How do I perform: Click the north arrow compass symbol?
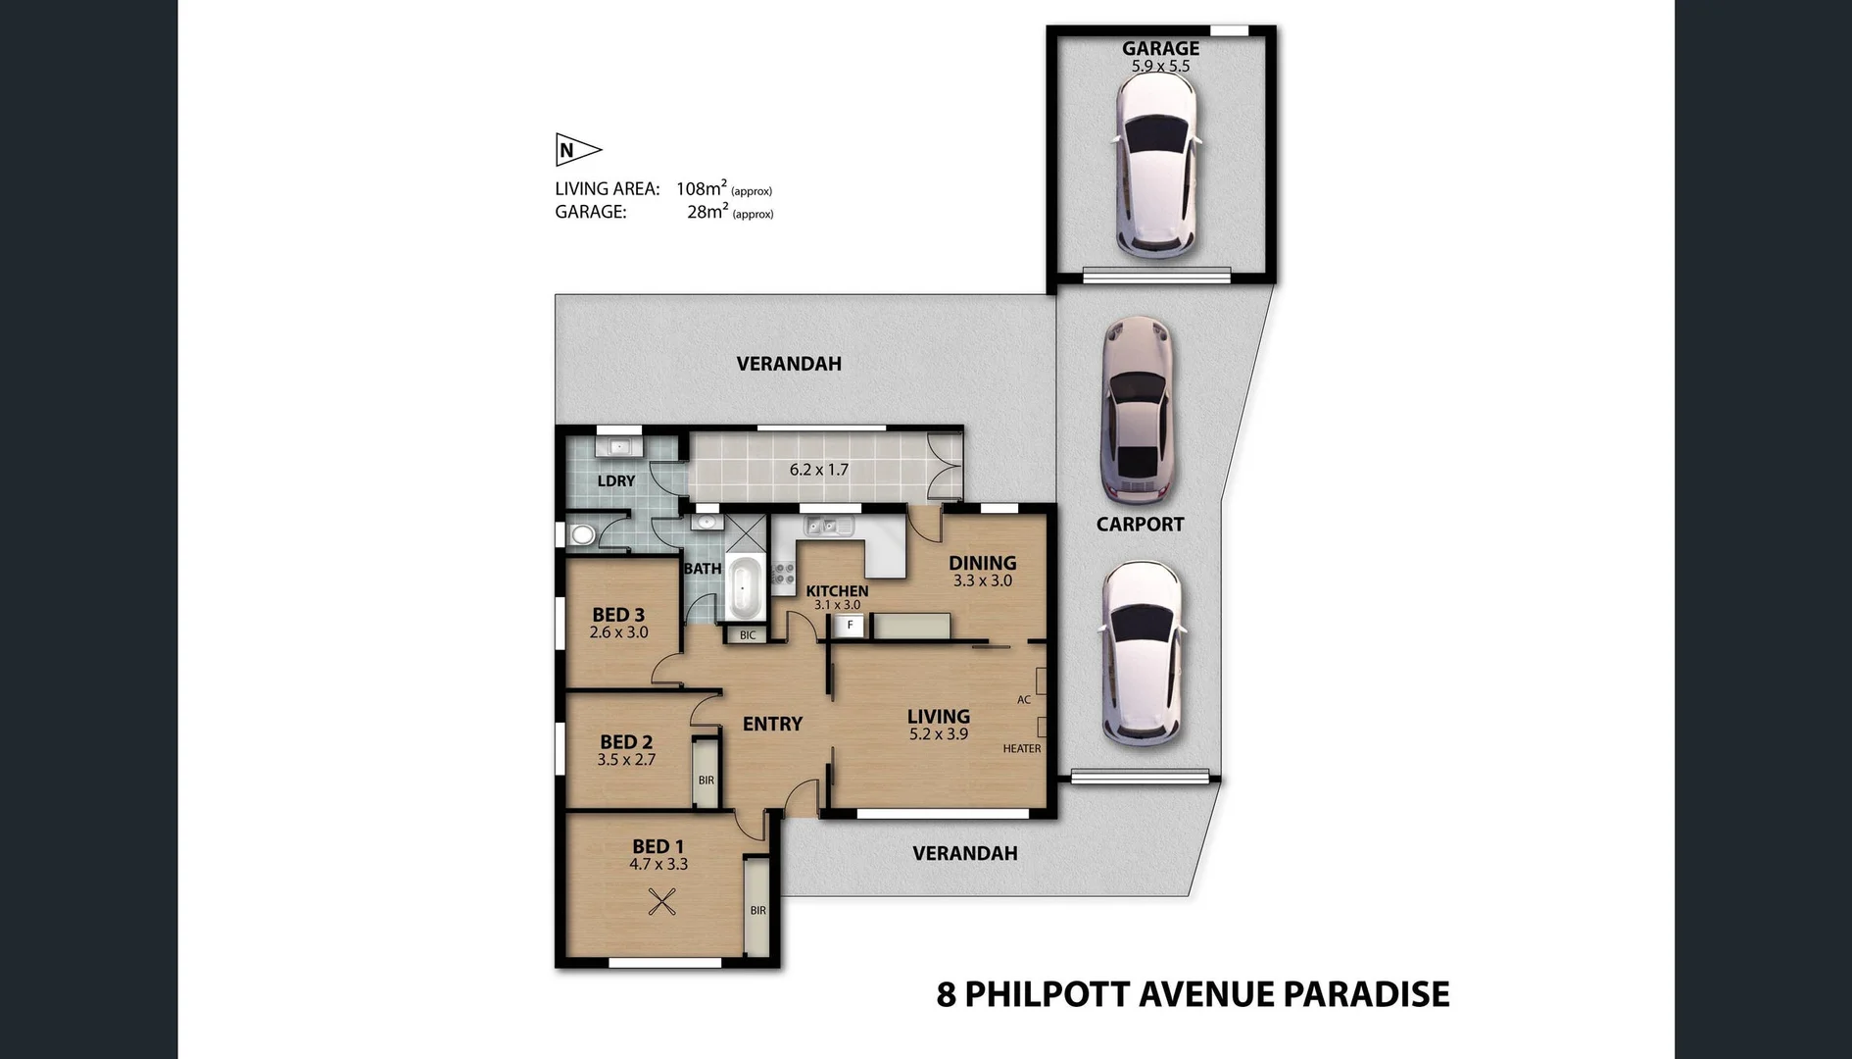coord(577,150)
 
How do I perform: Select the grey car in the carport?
coord(1137,409)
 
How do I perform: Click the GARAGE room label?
coord(1160,48)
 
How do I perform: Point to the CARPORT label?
coord(1140,525)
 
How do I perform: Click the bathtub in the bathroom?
coord(745,588)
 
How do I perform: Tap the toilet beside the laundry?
coord(582,534)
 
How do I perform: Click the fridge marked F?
coord(850,626)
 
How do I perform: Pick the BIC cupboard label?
coord(748,635)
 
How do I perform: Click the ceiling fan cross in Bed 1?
coord(662,901)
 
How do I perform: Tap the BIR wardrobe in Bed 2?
coord(706,775)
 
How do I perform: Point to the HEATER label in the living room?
coord(1021,749)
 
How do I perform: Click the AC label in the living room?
coord(1023,700)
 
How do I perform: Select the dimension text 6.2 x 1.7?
coord(818,470)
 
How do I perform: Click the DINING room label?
coord(982,563)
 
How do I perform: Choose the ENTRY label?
coord(772,724)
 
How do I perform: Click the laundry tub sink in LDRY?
coord(619,447)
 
